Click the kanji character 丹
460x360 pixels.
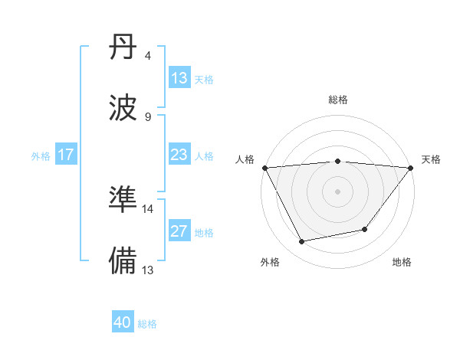tap(123, 51)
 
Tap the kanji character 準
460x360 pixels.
tap(123, 199)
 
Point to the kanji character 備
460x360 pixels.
tap(123, 259)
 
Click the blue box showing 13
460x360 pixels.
tap(179, 78)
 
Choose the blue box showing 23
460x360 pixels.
tap(179, 155)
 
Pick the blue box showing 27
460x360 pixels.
tap(179, 231)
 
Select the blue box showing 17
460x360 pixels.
tap(66, 155)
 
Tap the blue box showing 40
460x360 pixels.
tap(123, 322)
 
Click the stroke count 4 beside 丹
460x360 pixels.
tap(147, 56)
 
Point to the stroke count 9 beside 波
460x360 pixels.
tap(147, 116)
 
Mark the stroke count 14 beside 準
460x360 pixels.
tap(148, 208)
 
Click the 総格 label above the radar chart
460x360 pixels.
tap(338, 100)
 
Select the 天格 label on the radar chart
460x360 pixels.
tap(431, 159)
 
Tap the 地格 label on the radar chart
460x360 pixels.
tap(402, 262)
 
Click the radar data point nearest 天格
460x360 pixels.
tap(411, 168)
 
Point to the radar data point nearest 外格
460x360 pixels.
tap(302, 242)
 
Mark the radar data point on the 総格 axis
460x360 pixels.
tap(338, 161)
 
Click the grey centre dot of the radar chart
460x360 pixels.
tap(338, 191)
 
